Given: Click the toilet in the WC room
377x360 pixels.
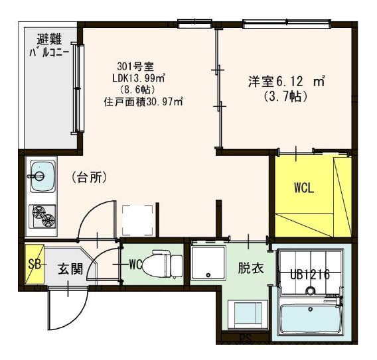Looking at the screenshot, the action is [x=163, y=264].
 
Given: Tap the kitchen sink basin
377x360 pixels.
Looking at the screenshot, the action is [x=42, y=176].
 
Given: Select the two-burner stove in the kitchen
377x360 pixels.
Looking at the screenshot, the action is [x=42, y=217].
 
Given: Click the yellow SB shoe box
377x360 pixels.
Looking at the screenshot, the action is [x=35, y=264].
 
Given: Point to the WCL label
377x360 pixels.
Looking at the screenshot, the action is [x=304, y=188].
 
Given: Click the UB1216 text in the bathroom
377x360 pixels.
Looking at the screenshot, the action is [x=310, y=274].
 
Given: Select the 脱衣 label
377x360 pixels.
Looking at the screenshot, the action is [x=251, y=269].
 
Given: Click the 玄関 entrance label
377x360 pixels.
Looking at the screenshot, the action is [x=70, y=269].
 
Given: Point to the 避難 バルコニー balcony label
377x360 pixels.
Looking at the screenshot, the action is [x=49, y=46].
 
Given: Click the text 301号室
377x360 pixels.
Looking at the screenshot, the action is [x=135, y=67].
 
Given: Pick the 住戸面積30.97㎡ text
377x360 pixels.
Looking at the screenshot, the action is [x=144, y=102].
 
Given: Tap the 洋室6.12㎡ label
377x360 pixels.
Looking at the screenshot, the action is [x=287, y=82].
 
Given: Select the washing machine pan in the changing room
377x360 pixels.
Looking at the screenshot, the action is [x=208, y=263].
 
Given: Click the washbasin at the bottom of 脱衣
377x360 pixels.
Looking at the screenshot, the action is [x=248, y=315].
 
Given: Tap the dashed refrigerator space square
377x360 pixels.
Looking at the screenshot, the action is [x=137, y=221].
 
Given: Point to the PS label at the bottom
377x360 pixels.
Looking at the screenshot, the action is [x=245, y=338].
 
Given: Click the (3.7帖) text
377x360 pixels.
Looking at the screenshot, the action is [x=285, y=97].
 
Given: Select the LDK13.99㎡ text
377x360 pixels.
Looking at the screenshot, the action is [x=139, y=78].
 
